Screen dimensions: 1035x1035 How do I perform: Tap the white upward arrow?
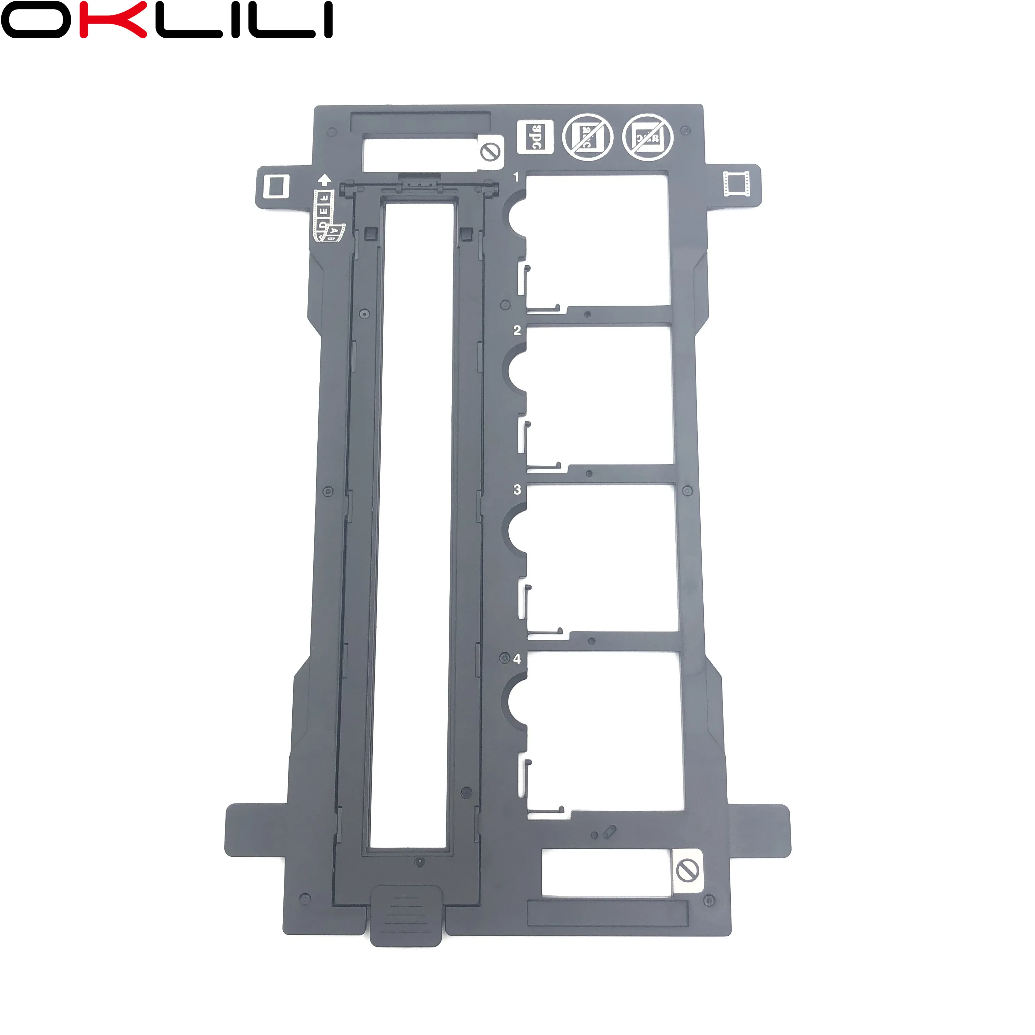tap(324, 180)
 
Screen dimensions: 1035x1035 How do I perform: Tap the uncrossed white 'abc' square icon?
tap(535, 137)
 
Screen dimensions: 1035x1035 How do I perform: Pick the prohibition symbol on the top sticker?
tap(490, 153)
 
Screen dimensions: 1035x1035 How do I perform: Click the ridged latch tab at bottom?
tap(406, 915)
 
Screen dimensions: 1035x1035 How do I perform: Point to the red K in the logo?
tap(113, 20)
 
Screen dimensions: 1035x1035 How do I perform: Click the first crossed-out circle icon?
tap(587, 138)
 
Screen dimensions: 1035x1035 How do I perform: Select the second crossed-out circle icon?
tap(648, 138)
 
